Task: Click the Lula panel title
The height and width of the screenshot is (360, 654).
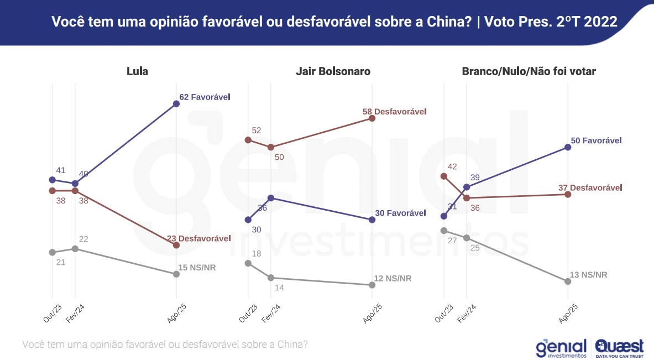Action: (x=137, y=71)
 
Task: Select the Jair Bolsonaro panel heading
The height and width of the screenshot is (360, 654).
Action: (x=333, y=71)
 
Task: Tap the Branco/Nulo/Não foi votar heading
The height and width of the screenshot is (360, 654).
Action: (x=529, y=71)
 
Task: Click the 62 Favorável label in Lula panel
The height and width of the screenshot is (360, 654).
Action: (x=205, y=97)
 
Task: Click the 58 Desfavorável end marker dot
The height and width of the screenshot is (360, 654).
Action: (x=372, y=118)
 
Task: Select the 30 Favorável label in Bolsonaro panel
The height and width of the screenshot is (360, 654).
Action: (x=401, y=213)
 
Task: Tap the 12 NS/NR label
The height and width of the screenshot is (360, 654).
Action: (x=394, y=278)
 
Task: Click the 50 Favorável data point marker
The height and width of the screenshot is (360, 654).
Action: (x=568, y=147)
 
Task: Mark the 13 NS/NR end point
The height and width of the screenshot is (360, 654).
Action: (x=568, y=281)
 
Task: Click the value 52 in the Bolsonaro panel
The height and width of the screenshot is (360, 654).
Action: (x=256, y=131)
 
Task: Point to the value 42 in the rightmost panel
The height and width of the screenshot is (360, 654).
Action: (x=452, y=166)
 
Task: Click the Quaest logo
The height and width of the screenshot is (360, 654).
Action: (x=619, y=348)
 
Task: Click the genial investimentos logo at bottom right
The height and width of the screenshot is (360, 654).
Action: (x=561, y=348)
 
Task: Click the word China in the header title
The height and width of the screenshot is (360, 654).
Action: (x=453, y=22)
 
